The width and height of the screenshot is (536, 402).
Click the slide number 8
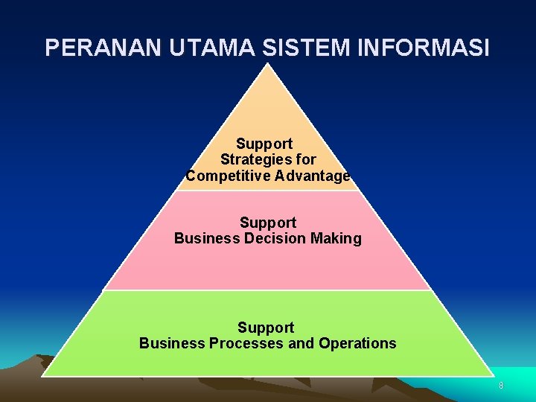click(501, 386)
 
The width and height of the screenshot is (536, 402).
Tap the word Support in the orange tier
click(264, 143)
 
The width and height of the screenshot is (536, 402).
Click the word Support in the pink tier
click(268, 223)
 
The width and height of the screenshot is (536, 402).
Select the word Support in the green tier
click(266, 328)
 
